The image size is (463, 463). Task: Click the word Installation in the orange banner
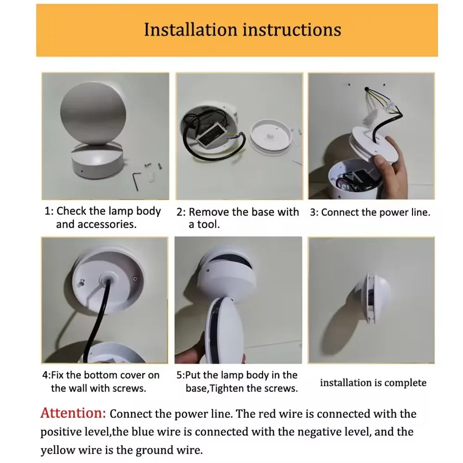(x=190, y=30)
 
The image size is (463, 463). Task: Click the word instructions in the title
(x=292, y=30)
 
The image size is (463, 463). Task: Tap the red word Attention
(x=73, y=413)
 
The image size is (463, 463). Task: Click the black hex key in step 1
(x=135, y=181)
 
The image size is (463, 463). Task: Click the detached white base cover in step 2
(x=271, y=136)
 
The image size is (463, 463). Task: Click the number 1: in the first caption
(x=49, y=211)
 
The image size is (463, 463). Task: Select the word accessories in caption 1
(x=96, y=225)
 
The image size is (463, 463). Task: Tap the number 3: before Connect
(x=314, y=213)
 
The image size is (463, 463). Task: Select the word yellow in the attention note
(x=58, y=450)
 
